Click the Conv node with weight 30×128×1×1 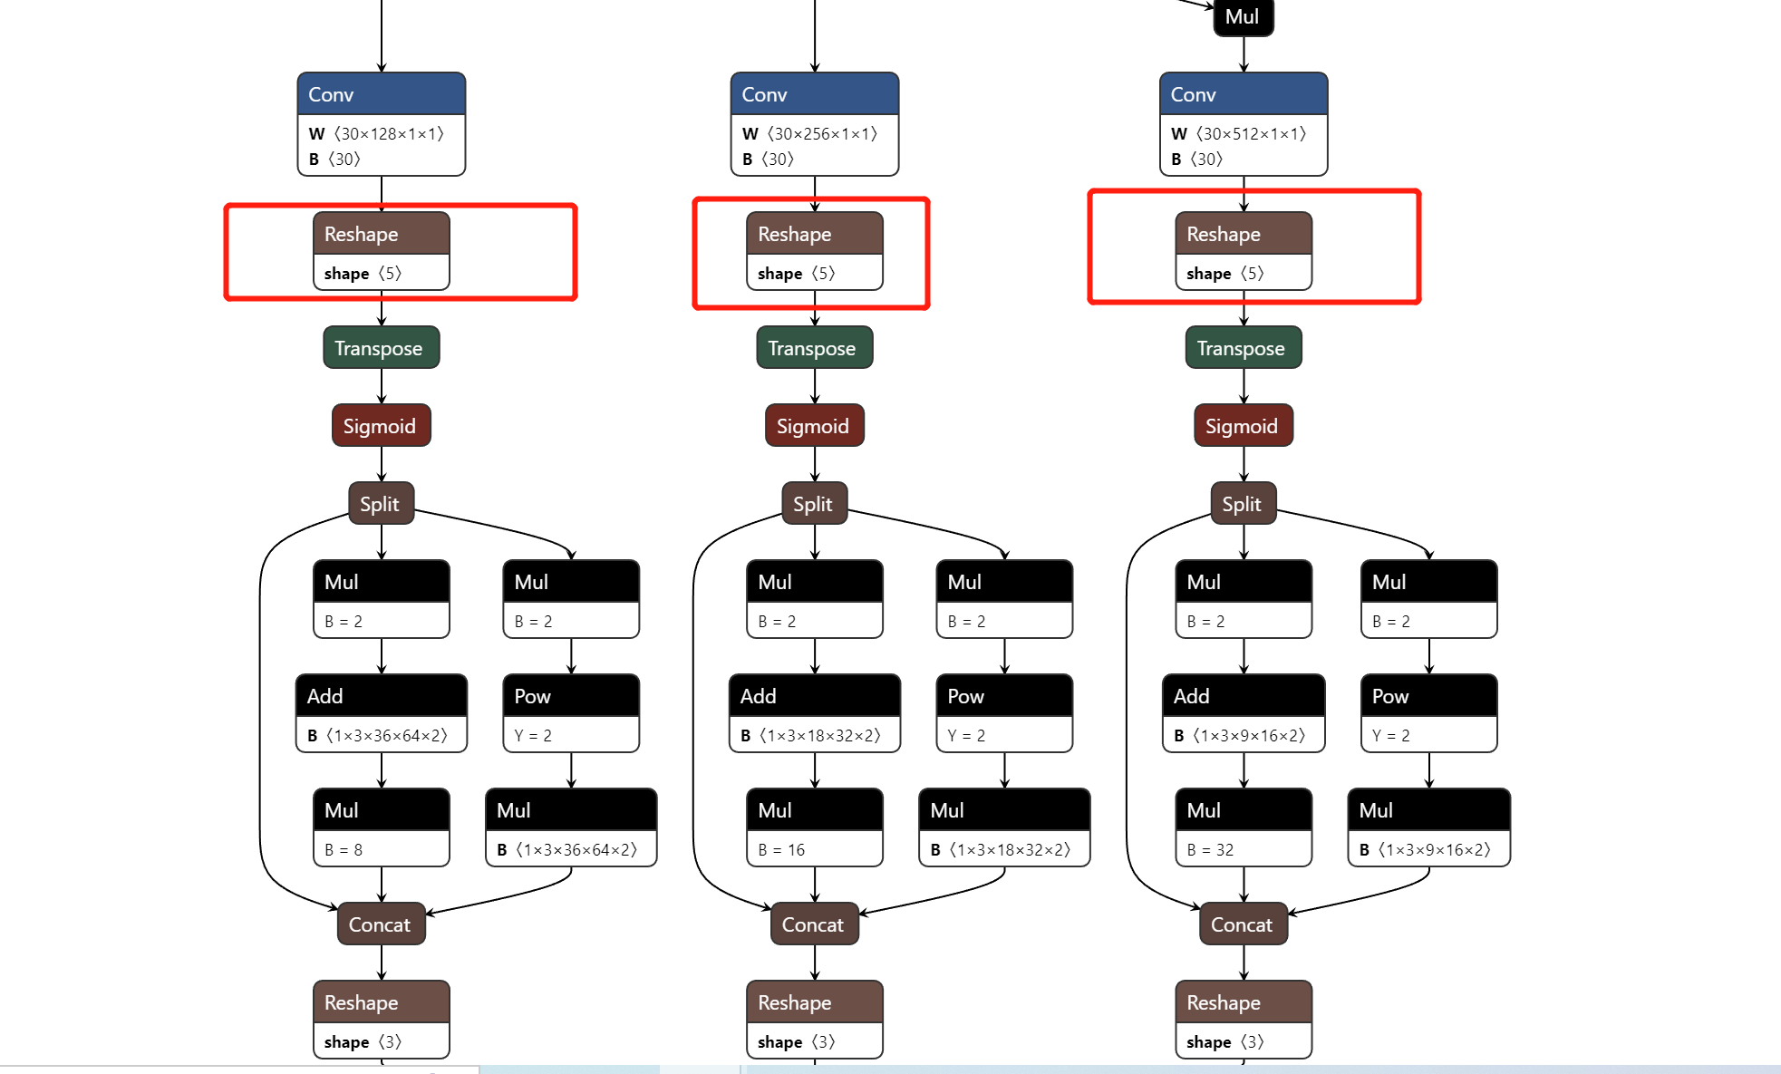point(382,124)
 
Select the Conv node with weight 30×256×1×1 point(815,124)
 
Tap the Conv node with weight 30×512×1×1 point(1244,124)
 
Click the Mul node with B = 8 point(382,827)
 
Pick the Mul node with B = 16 point(815,827)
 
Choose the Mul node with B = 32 point(1244,827)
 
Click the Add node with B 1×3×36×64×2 point(382,713)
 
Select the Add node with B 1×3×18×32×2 point(815,713)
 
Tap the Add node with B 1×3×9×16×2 point(1244,713)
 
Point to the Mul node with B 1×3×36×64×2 point(571,827)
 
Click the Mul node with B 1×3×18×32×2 point(1004,827)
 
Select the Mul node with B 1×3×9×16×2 point(1429,827)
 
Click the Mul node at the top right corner point(1244,17)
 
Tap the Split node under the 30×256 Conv point(815,503)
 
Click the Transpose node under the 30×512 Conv point(1244,347)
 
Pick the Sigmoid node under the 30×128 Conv point(382,425)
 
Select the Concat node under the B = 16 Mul point(815,924)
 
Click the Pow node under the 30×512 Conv point(1429,713)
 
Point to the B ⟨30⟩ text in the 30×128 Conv point(334,159)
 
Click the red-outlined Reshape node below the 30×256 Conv point(815,251)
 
